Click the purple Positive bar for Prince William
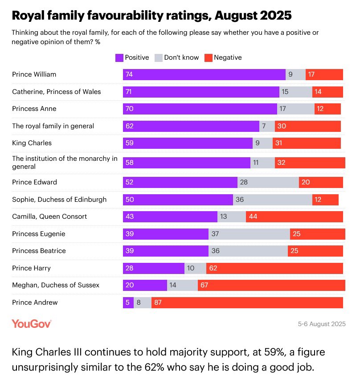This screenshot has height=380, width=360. tap(204, 74)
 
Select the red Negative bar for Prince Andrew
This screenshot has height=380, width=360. tap(247, 302)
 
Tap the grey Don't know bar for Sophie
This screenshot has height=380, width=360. tap(272, 199)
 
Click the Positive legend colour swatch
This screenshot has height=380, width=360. tap(119, 57)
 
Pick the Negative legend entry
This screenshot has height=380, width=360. tap(223, 57)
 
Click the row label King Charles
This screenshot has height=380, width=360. tap(32, 143)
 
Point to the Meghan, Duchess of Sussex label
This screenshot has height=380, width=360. tap(56, 285)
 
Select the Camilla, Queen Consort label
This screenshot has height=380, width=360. tap(49, 217)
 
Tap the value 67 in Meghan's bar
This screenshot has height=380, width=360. tap(205, 285)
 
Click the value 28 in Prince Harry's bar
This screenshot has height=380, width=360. tap(130, 268)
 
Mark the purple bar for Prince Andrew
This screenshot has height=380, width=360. tap(128, 302)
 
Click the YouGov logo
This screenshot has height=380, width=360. tap(32, 324)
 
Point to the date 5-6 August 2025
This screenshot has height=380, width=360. tap(322, 324)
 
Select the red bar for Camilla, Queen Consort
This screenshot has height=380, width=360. tap(294, 217)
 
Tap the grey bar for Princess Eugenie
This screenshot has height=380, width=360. tap(249, 234)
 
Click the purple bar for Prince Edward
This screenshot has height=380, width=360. tap(180, 182)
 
